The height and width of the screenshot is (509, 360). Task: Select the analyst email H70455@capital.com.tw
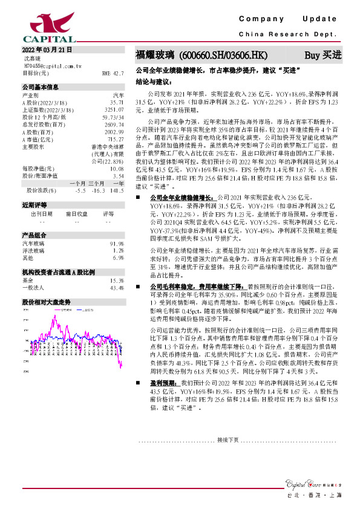tap(48, 65)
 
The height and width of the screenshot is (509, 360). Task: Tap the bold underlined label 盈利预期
tap(164, 383)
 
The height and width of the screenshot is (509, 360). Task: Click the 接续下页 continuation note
tap(228, 439)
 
